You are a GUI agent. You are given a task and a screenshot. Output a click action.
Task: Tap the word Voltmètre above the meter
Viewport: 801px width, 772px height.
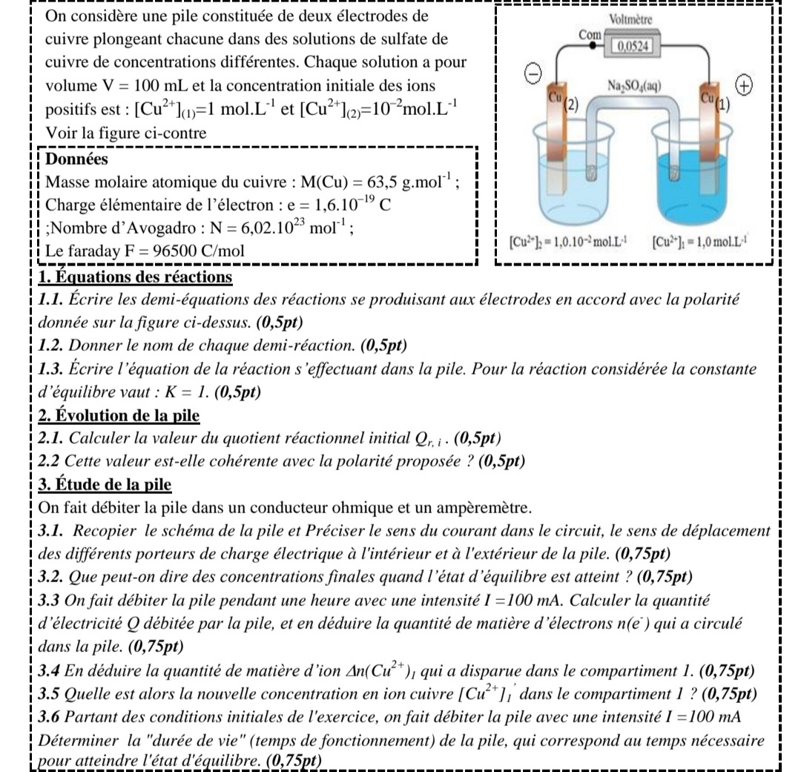point(630,21)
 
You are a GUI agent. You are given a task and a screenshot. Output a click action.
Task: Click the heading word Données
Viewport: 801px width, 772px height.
point(76,159)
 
